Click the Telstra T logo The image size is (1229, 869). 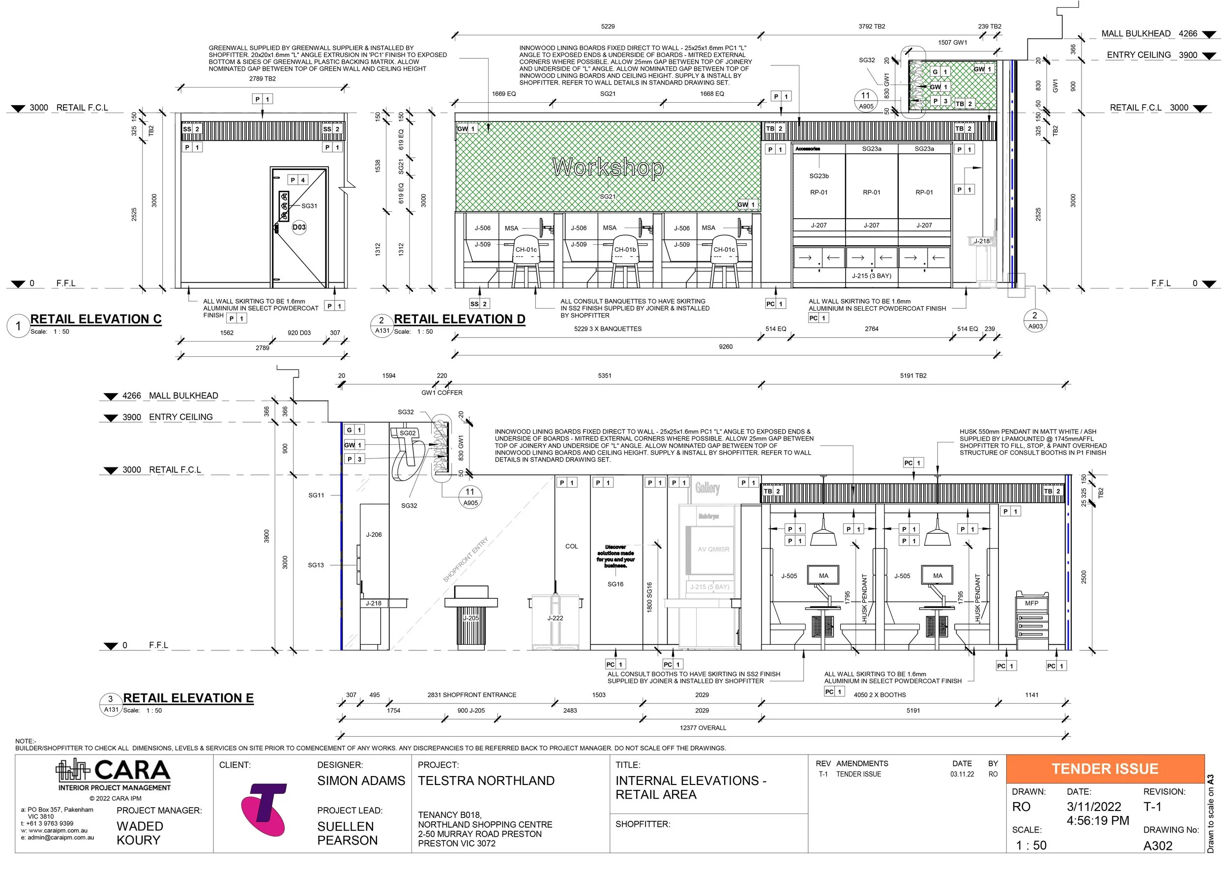click(264, 811)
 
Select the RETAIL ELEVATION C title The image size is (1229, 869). click(96, 319)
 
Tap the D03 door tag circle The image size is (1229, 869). click(299, 228)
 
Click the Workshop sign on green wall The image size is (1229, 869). click(608, 168)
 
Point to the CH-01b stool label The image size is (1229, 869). click(625, 250)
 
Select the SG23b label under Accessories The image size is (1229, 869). click(819, 176)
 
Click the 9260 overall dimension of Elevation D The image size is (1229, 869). click(725, 347)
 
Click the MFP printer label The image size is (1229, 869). click(1031, 603)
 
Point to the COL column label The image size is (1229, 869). click(571, 547)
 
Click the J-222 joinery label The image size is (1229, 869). click(555, 618)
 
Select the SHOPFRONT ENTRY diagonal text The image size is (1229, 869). click(465, 560)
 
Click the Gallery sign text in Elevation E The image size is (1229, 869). click(707, 488)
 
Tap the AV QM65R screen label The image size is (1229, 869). click(713, 549)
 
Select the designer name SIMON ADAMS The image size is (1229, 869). click(361, 781)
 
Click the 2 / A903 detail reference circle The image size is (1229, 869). click(1035, 320)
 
